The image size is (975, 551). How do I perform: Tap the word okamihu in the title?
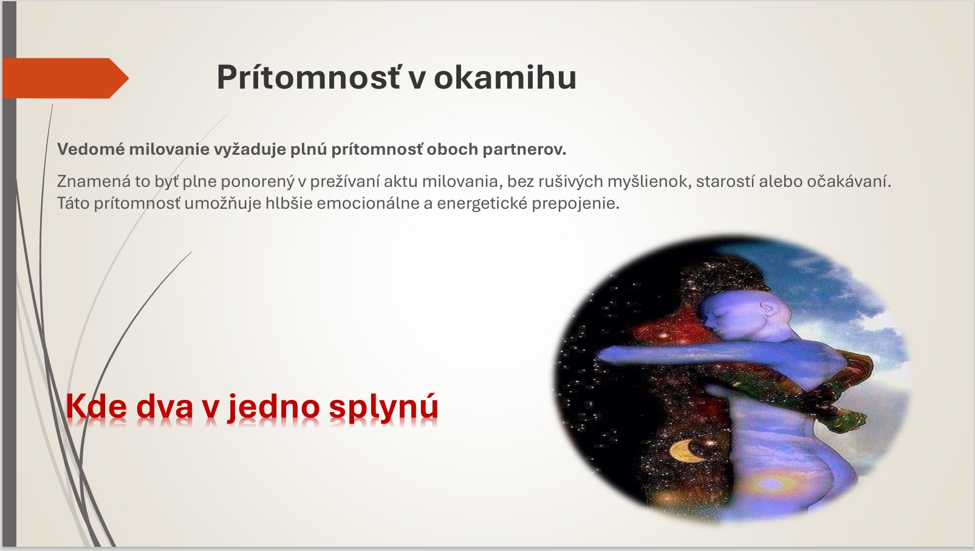(x=505, y=78)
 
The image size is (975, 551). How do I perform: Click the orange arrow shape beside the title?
(x=65, y=78)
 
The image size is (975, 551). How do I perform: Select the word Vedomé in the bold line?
(x=91, y=149)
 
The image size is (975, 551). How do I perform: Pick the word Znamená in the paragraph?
(x=94, y=181)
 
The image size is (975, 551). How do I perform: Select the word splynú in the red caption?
(x=383, y=407)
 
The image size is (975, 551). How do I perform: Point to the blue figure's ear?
(x=768, y=309)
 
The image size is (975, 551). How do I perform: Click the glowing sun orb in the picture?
(x=770, y=482)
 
